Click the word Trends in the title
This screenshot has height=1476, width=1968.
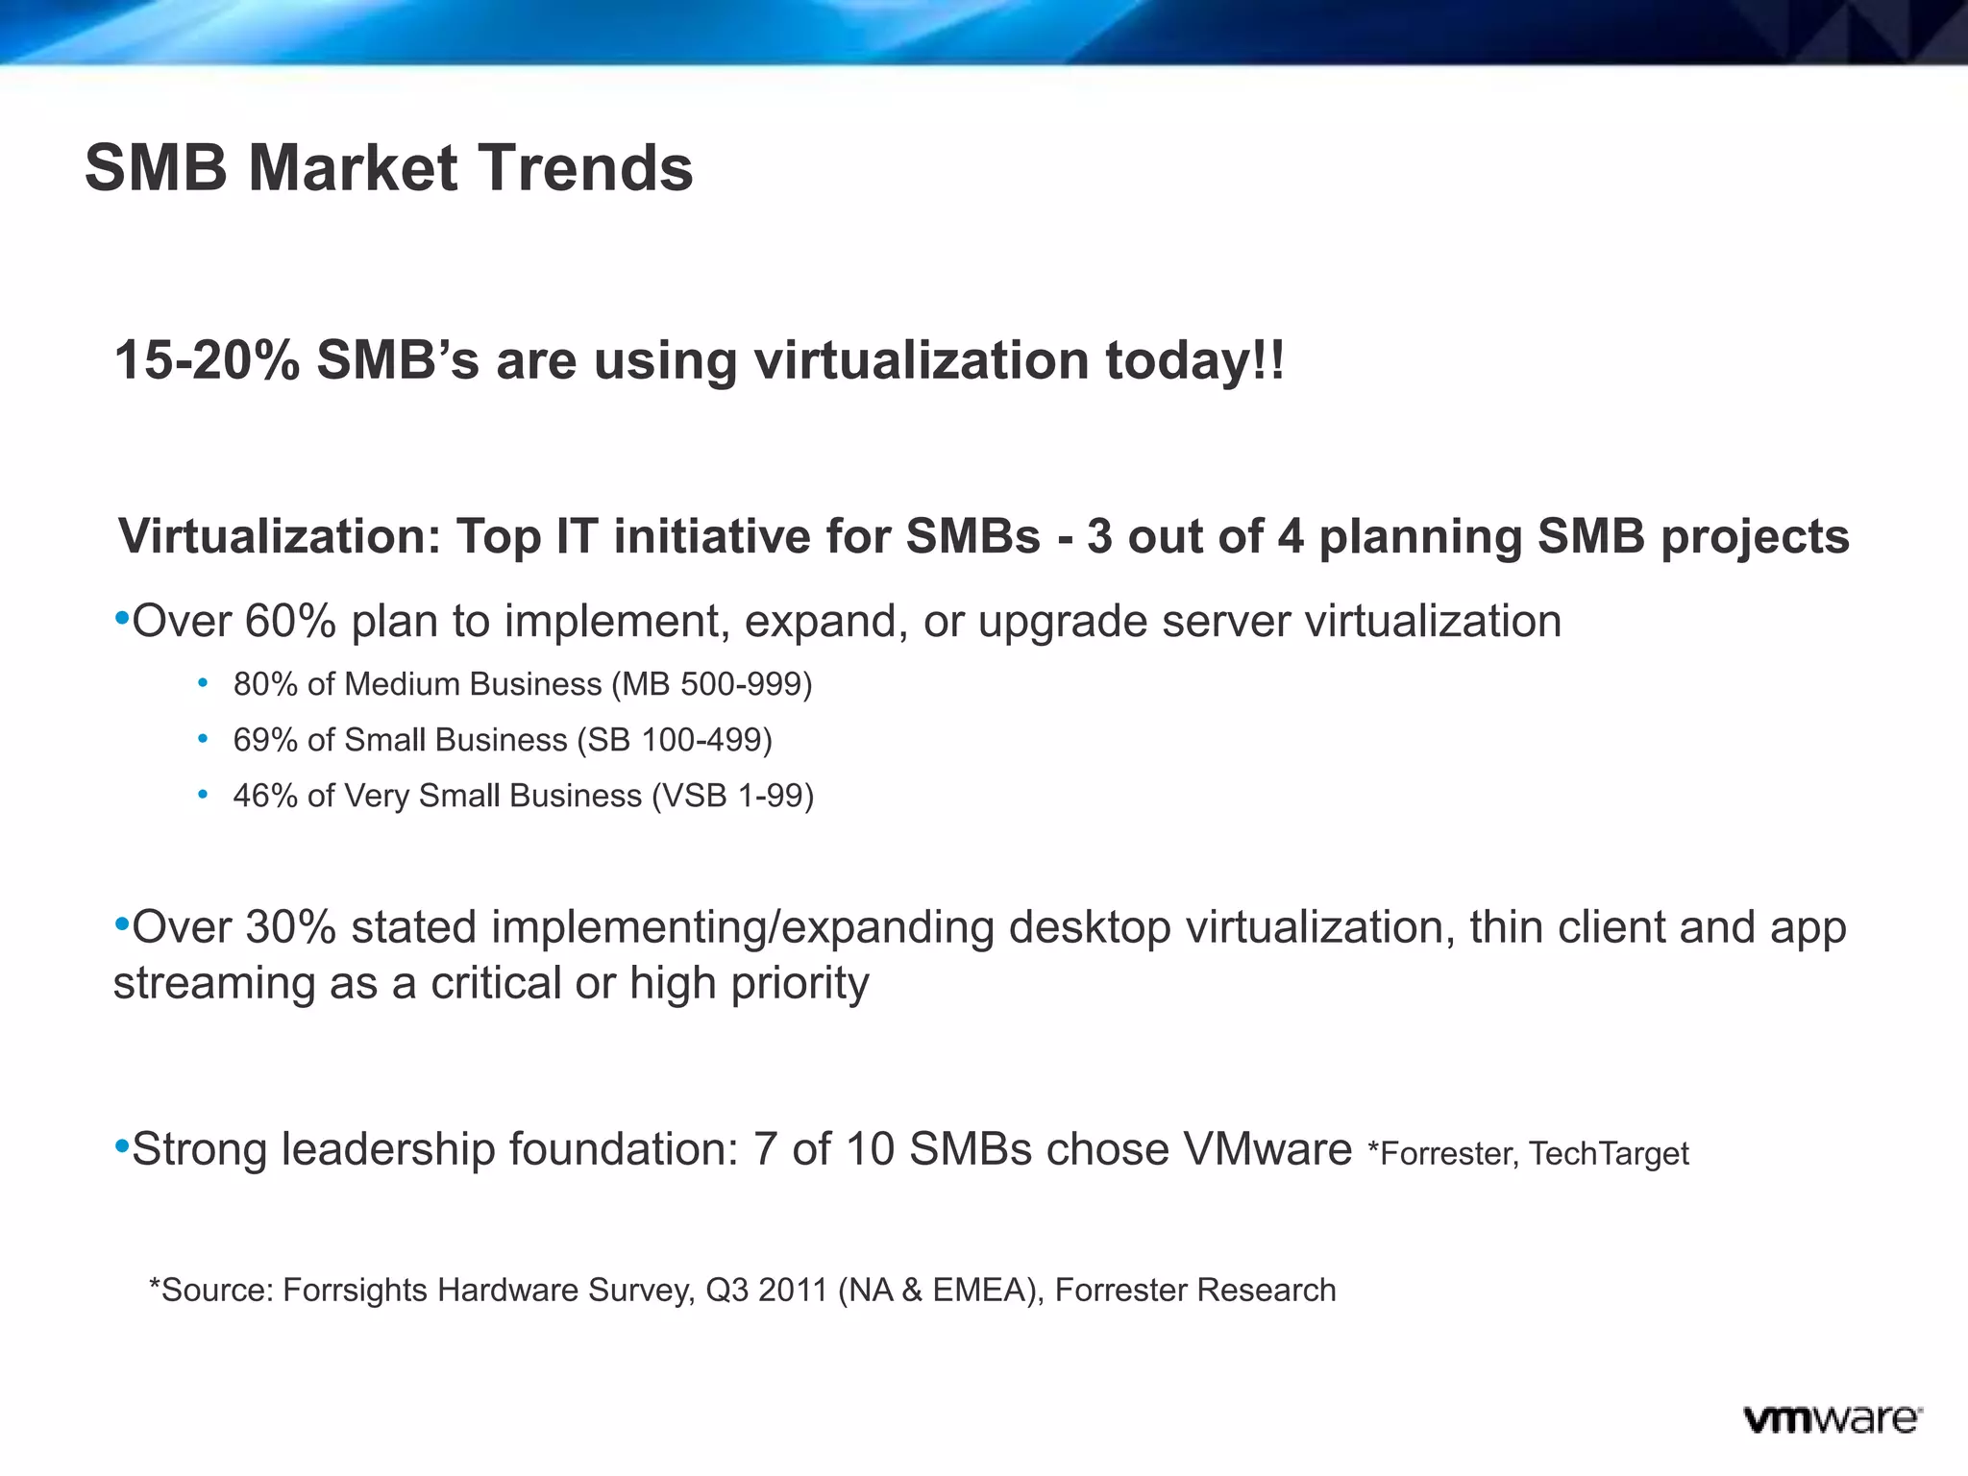click(585, 168)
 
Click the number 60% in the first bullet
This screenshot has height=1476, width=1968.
click(290, 622)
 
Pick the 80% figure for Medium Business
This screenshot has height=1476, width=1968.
click(265, 684)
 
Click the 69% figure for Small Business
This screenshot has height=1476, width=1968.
click(265, 740)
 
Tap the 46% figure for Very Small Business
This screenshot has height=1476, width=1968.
click(265, 796)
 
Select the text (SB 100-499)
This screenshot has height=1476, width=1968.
click(675, 740)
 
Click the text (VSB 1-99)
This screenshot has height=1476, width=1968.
click(732, 796)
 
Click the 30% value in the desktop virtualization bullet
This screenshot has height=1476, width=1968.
click(290, 927)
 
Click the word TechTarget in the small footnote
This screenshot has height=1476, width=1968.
click(1609, 1153)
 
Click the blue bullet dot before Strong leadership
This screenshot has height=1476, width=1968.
click(121, 1145)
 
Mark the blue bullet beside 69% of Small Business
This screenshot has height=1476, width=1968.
click(203, 739)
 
